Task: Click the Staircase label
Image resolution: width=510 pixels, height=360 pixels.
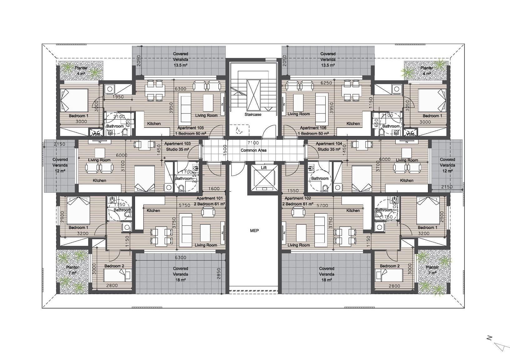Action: point(253,115)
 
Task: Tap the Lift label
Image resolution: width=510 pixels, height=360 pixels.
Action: point(264,167)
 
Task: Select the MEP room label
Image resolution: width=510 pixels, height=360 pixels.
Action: point(254,231)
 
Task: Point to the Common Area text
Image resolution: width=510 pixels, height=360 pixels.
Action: point(253,150)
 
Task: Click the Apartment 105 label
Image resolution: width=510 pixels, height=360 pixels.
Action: point(191,128)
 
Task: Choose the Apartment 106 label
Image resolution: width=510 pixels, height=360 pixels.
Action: point(313,128)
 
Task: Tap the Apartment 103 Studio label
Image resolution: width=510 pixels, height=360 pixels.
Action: point(177,147)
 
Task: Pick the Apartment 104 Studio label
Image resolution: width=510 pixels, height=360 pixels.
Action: point(329,147)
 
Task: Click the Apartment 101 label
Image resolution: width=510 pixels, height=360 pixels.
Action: point(210,198)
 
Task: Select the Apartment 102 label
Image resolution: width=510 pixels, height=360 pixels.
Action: point(298,198)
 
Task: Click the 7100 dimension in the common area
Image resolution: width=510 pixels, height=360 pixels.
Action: point(253,143)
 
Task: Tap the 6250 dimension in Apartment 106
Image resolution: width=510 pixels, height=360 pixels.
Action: point(326,83)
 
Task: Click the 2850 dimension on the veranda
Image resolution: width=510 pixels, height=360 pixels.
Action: point(219,273)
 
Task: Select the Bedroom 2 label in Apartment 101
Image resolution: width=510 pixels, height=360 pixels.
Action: point(114,266)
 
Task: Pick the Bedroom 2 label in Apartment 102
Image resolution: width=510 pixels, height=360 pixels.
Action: point(390,266)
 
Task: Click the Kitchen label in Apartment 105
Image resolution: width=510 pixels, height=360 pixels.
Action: point(154,124)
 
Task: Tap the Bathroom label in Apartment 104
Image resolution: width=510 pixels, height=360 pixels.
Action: point(320,178)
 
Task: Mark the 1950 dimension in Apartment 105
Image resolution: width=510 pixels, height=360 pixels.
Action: point(118,97)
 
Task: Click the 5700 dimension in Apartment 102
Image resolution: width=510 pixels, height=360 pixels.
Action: point(322,206)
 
